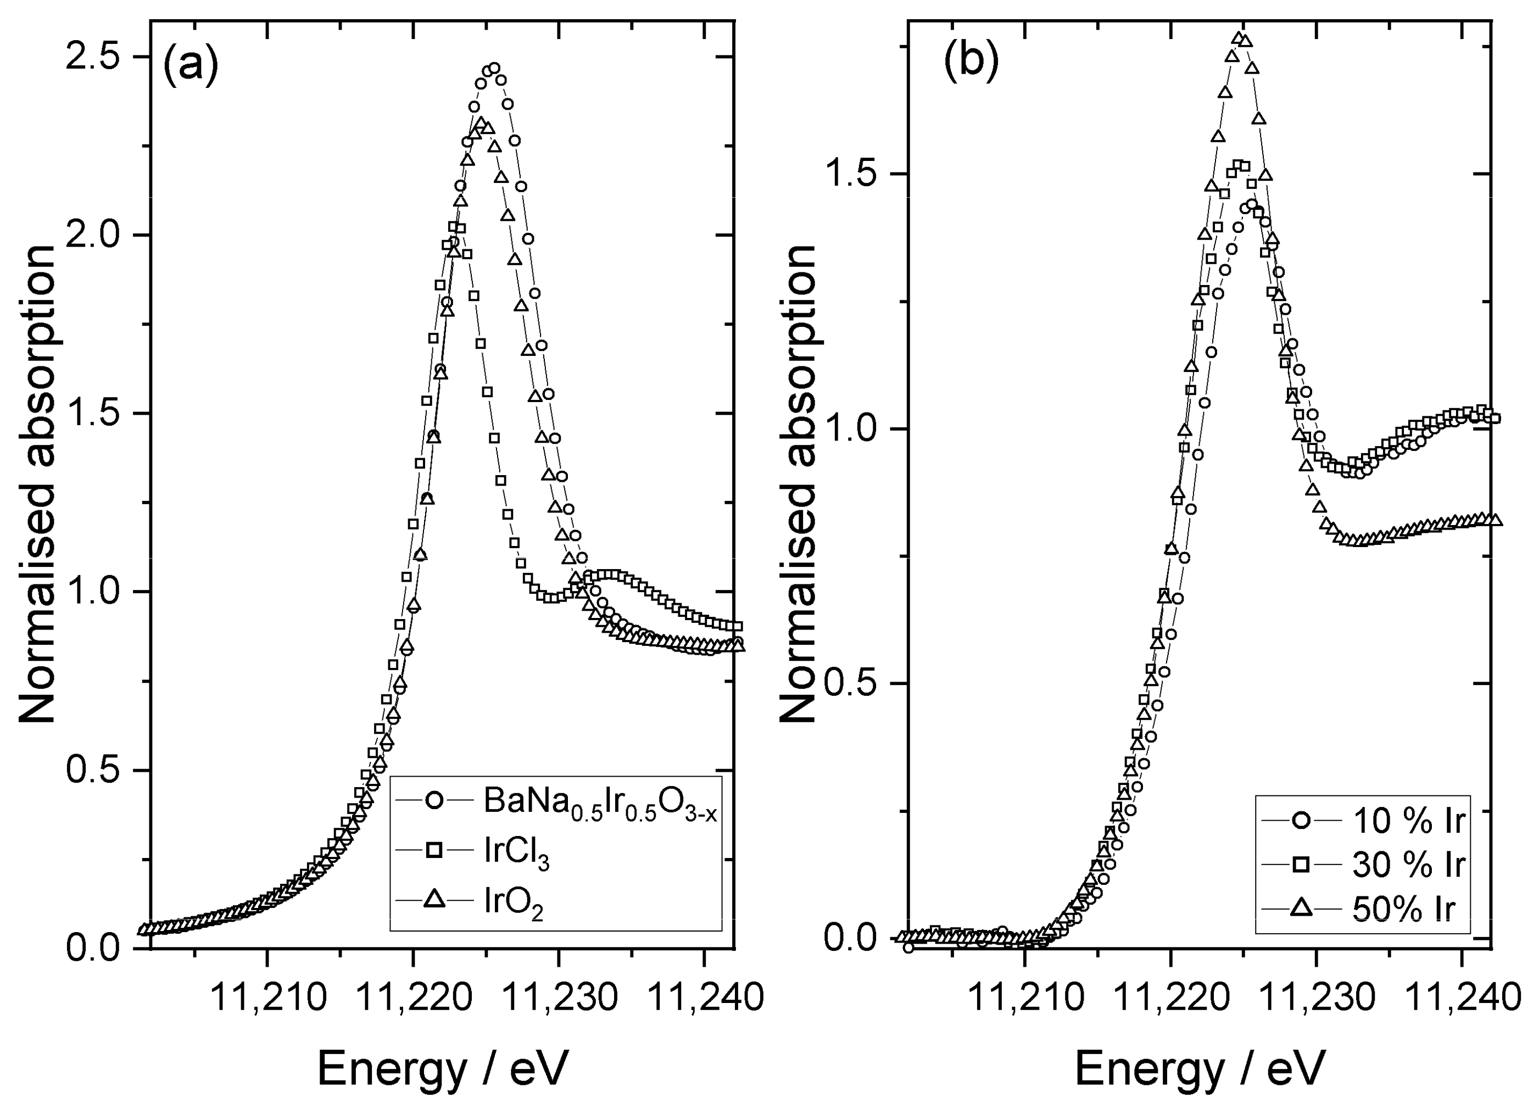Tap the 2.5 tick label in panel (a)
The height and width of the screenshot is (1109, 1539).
(x=95, y=57)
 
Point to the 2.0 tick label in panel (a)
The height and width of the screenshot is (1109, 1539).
(x=95, y=236)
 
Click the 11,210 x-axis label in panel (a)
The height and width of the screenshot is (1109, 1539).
(x=269, y=997)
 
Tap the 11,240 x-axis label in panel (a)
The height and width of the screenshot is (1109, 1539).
(x=706, y=997)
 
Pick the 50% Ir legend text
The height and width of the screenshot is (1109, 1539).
(x=1403, y=910)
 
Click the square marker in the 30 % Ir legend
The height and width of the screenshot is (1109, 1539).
(x=1300, y=865)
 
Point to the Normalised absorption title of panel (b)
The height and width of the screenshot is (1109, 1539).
(x=799, y=484)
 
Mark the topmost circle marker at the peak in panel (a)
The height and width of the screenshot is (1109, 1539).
(x=494, y=69)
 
